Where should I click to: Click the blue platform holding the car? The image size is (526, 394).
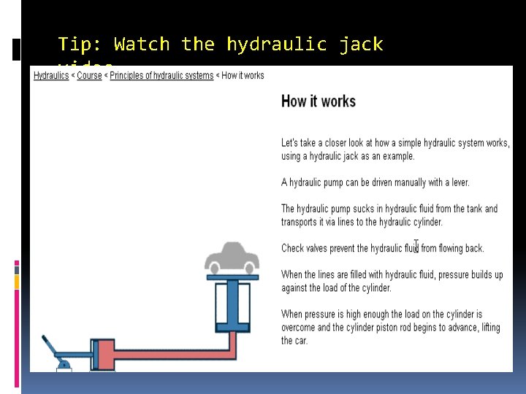tap(232, 277)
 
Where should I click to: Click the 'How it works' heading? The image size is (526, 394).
tap(319, 101)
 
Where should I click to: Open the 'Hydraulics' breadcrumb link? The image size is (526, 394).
tap(51, 75)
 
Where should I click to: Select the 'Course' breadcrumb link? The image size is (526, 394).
tap(89, 75)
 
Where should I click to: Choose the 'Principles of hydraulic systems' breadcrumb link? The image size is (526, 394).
tap(161, 75)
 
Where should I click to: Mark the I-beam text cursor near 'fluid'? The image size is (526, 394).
tap(416, 246)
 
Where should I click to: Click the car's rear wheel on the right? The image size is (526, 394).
tap(248, 266)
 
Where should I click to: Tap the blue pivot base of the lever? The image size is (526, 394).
tap(64, 364)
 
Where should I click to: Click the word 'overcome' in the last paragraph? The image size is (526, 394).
tap(302, 328)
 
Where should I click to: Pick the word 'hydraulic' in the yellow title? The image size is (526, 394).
tap(277, 45)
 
